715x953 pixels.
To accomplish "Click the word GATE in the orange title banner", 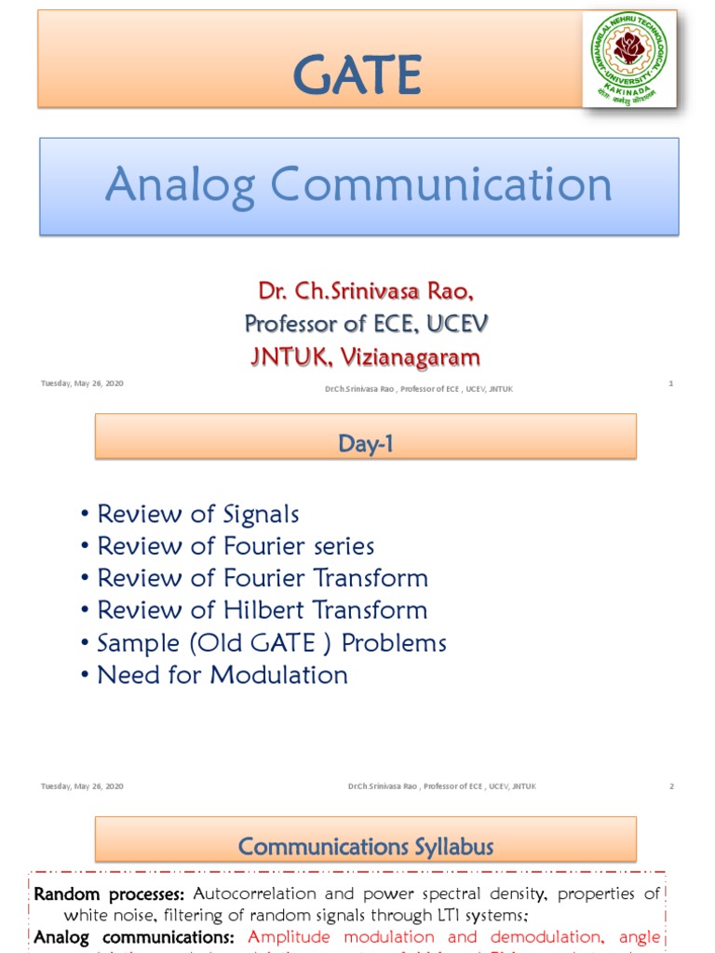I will (x=357, y=74).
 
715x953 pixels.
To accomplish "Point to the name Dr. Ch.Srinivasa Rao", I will (x=366, y=291).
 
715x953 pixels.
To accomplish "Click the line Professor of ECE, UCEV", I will (x=366, y=324).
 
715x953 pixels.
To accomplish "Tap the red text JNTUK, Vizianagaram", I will (x=366, y=356).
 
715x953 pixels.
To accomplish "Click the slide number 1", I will (x=670, y=383).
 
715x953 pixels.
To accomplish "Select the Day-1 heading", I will (x=366, y=445).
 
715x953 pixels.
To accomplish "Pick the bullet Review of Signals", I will (x=197, y=514).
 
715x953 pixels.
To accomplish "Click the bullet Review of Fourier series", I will (x=236, y=546).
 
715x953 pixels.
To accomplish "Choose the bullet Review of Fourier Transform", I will (x=263, y=578).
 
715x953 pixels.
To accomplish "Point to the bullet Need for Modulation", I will (x=223, y=675).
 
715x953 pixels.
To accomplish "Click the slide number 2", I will (x=670, y=786).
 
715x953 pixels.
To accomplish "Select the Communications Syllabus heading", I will (x=366, y=847).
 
